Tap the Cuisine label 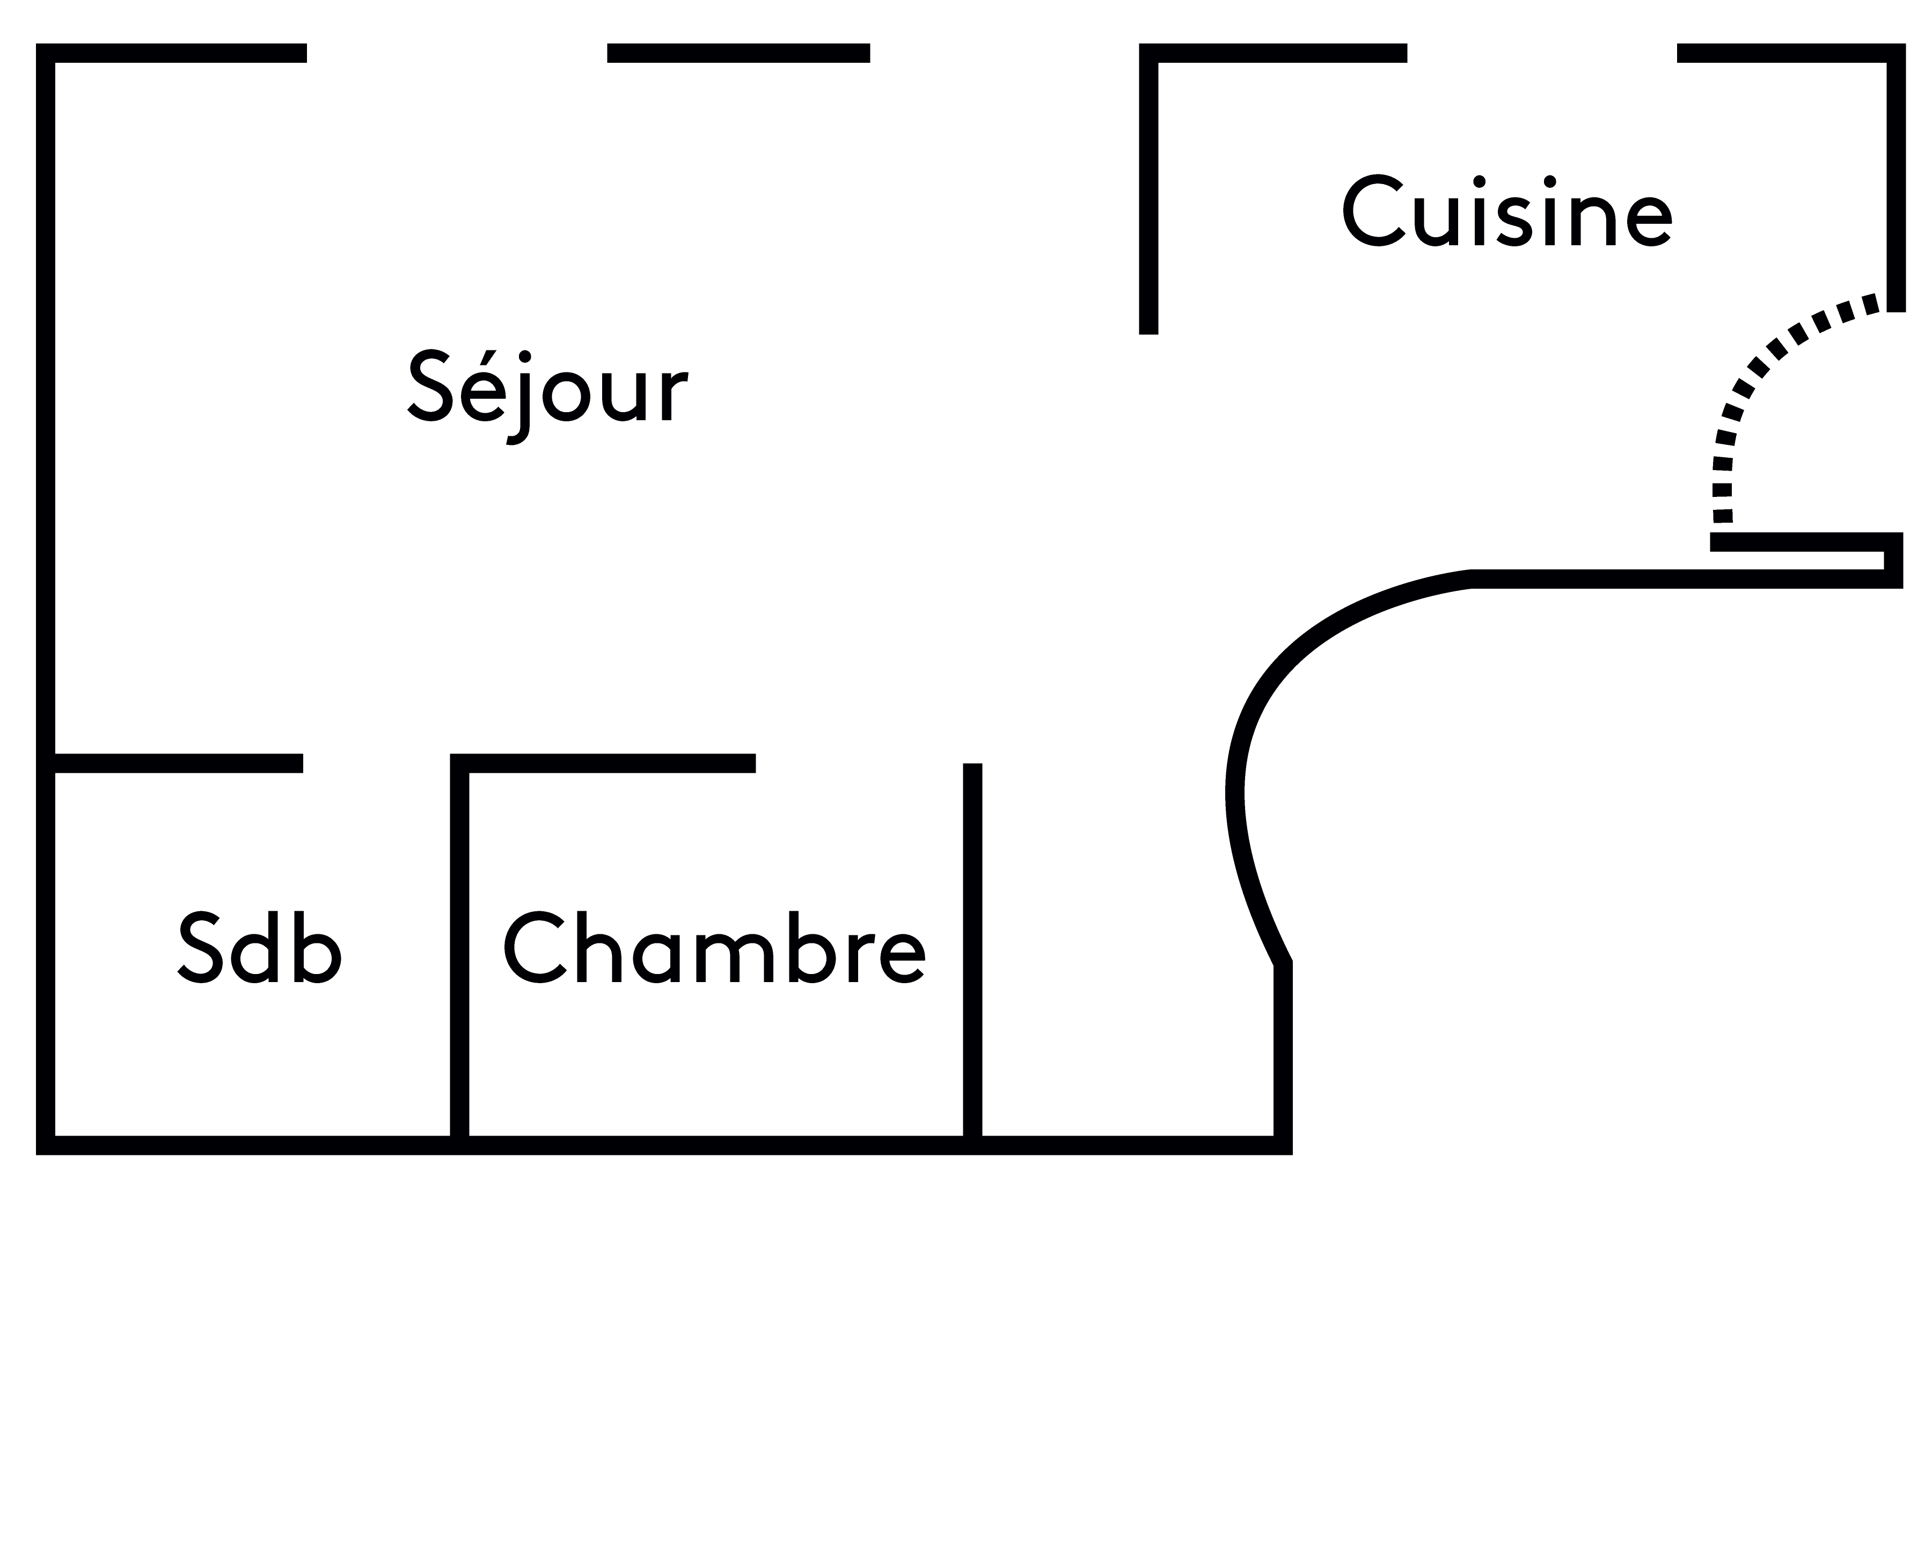tap(1507, 213)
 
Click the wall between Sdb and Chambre tap(460, 950)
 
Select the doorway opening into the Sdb tap(376, 764)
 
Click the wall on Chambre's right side tap(972, 950)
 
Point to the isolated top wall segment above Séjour tap(738, 53)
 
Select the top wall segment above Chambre tap(609, 764)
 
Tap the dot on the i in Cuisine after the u tap(1480, 182)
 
